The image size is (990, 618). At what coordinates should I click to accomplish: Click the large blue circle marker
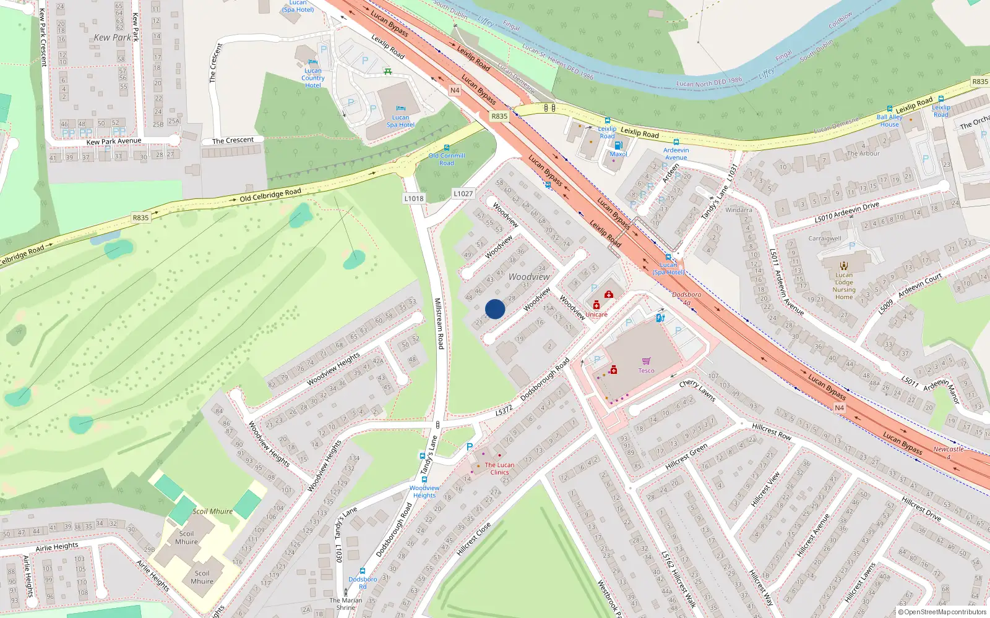(x=495, y=309)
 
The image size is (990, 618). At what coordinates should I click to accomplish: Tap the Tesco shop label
(x=646, y=371)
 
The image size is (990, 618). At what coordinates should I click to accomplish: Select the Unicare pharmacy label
(x=596, y=315)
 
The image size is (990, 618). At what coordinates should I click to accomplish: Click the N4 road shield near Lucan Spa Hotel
(x=455, y=90)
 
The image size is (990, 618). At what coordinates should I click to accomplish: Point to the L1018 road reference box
(x=414, y=198)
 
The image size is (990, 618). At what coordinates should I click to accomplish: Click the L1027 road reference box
(x=463, y=193)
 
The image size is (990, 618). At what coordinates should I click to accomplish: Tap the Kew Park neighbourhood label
(x=112, y=38)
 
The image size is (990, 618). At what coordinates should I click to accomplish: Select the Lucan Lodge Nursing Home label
(x=843, y=286)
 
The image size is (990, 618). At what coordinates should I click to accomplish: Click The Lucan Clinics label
(x=499, y=468)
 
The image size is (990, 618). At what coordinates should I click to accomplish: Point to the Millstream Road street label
(x=439, y=324)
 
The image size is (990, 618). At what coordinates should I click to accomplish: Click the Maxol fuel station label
(x=618, y=154)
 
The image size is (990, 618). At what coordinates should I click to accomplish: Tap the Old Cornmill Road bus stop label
(x=447, y=159)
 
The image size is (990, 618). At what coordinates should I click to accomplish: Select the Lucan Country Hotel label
(x=312, y=78)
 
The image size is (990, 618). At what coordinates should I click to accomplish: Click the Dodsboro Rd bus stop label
(x=363, y=583)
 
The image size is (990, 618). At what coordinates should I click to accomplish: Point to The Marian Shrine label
(x=346, y=604)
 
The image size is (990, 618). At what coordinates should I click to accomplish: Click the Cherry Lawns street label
(x=697, y=391)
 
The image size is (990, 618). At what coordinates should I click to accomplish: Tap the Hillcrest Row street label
(x=771, y=431)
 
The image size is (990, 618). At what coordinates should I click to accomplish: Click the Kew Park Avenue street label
(x=114, y=142)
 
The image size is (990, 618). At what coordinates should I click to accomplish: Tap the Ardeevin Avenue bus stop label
(x=676, y=153)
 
